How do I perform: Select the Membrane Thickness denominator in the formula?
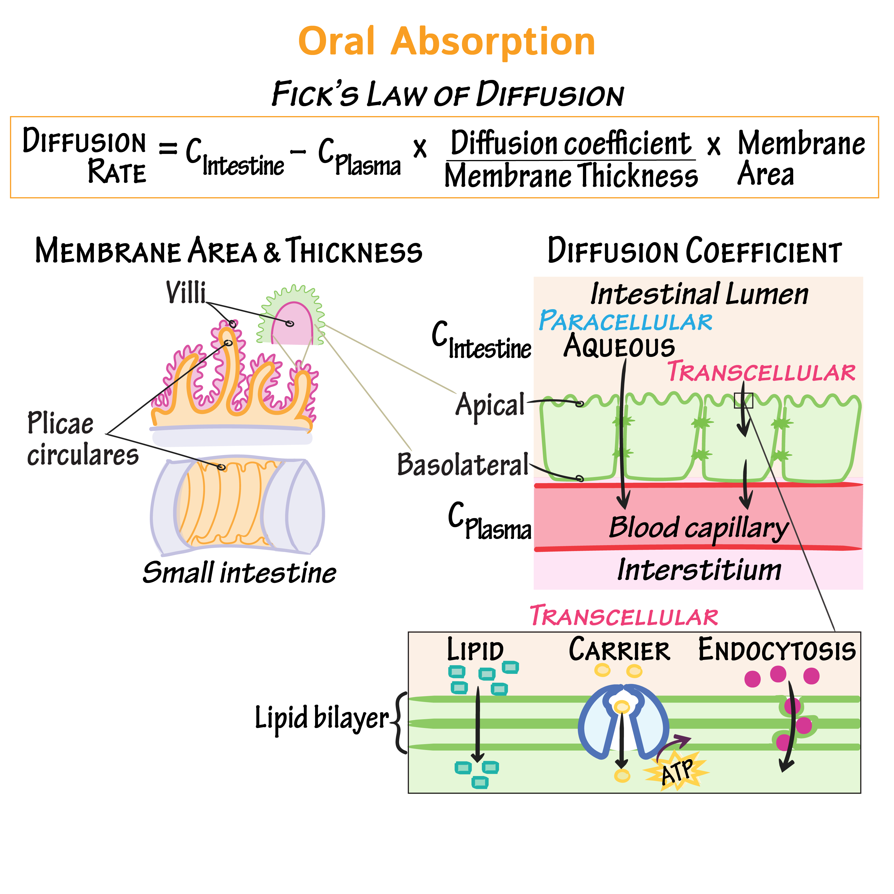coord(571,176)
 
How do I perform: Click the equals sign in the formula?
coord(168,149)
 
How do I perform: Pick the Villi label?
coord(186,293)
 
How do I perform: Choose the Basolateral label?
coord(463,465)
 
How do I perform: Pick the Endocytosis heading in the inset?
coord(777,650)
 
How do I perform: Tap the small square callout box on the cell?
coord(744,401)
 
